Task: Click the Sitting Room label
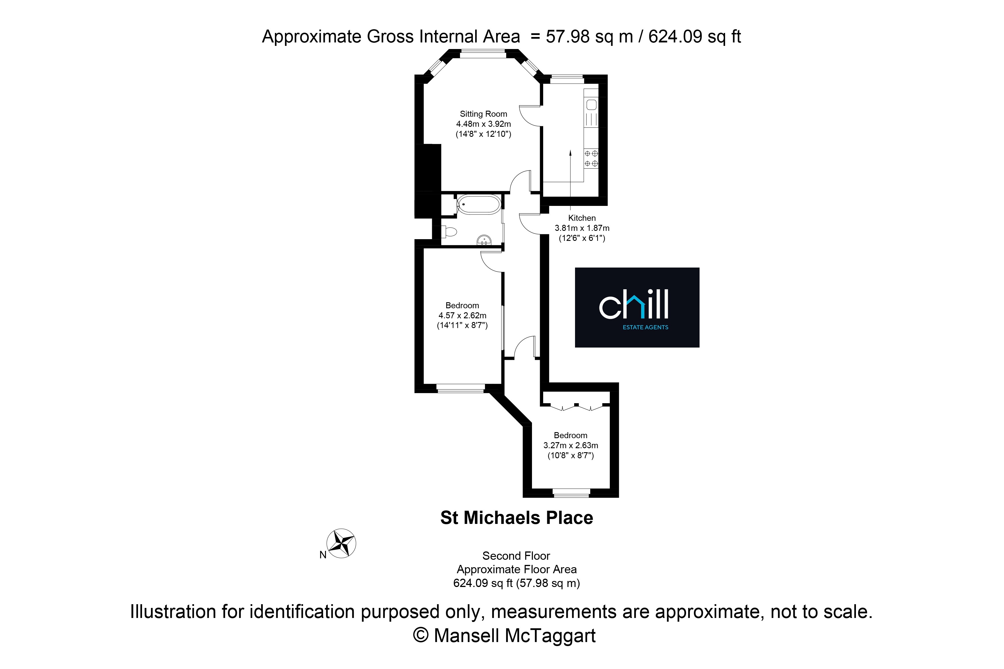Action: tap(483, 114)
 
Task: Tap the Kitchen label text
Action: tap(582, 218)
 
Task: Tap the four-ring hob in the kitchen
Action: tap(591, 158)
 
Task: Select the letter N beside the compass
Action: tap(323, 555)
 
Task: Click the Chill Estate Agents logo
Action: tap(637, 307)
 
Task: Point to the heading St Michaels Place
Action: tap(516, 518)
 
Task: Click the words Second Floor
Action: tap(516, 556)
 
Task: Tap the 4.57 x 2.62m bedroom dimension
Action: tap(462, 315)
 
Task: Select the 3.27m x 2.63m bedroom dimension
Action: tap(571, 445)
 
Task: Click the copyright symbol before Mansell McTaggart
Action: tap(420, 635)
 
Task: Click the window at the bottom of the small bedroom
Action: tap(571, 493)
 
